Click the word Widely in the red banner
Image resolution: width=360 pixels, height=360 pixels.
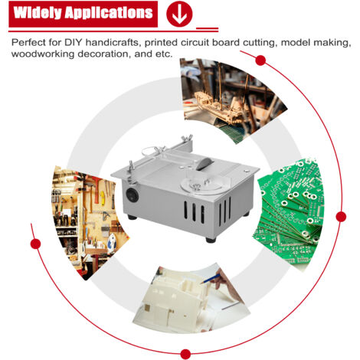(x=38, y=13)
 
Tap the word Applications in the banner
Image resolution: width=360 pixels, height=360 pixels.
(x=109, y=13)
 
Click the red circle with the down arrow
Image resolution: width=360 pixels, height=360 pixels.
(x=179, y=14)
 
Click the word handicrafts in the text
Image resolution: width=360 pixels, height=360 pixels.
(x=113, y=42)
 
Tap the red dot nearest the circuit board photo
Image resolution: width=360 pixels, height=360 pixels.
(x=341, y=217)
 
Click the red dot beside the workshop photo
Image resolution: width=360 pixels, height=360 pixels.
(x=35, y=244)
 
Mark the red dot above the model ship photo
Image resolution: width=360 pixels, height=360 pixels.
(x=260, y=61)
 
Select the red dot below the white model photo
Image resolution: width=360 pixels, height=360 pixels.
(x=185, y=354)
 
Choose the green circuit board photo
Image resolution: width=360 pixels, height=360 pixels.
(x=289, y=214)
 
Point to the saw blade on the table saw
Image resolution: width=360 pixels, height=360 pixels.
(x=204, y=164)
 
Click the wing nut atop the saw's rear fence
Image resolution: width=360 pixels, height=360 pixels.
(x=188, y=138)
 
